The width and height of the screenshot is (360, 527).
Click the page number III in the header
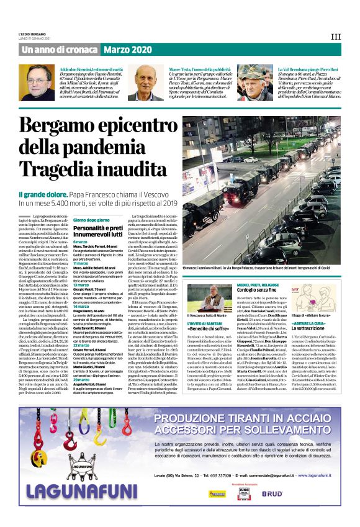335,36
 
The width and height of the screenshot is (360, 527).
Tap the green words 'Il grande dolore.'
44,195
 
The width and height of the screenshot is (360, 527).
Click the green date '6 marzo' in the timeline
81,241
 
